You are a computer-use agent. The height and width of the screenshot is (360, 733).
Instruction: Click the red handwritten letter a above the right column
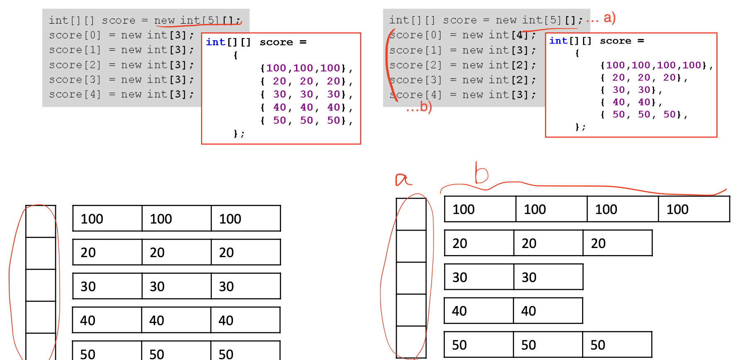(x=403, y=179)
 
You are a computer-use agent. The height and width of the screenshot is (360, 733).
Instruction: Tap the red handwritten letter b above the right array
(x=481, y=173)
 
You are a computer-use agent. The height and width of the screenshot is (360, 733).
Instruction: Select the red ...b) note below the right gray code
(x=419, y=107)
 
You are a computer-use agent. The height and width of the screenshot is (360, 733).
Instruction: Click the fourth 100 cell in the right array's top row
(x=694, y=209)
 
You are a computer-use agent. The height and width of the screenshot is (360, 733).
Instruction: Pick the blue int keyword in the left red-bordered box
(x=216, y=42)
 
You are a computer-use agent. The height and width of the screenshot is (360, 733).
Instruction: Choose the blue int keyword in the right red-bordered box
(x=558, y=41)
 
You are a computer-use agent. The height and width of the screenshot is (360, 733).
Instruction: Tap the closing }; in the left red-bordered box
(x=239, y=134)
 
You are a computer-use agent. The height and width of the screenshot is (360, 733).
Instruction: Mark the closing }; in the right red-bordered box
(x=580, y=127)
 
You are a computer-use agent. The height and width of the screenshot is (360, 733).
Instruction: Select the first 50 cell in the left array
(x=107, y=352)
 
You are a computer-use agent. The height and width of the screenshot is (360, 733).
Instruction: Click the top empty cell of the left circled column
(x=41, y=221)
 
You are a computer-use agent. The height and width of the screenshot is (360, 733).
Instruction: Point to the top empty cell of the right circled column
(x=411, y=214)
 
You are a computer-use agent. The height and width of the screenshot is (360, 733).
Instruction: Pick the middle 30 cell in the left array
(x=176, y=286)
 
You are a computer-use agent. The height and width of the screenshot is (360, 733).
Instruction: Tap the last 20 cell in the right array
(x=617, y=243)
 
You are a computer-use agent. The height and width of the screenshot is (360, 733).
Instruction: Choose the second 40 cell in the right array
(x=548, y=311)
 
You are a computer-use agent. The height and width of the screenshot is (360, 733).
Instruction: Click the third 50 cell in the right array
(x=616, y=345)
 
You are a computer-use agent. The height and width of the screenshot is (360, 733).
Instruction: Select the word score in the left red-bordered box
(x=276, y=42)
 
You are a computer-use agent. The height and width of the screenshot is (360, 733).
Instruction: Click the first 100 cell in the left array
(x=107, y=219)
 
